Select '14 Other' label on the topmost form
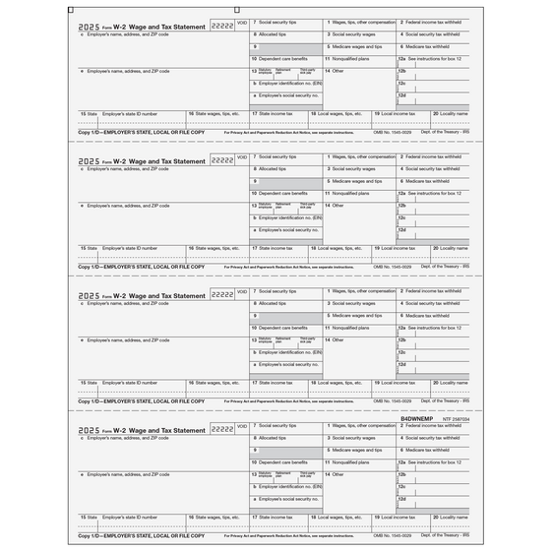click(x=338, y=70)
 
